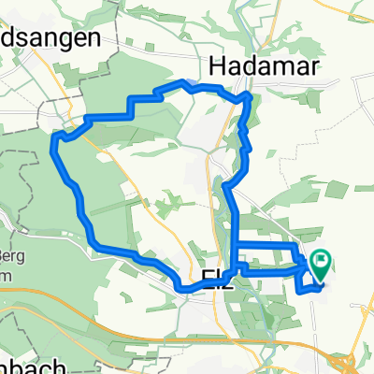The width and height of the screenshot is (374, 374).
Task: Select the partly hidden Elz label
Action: (213, 277)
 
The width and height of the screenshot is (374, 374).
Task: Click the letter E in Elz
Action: (207, 277)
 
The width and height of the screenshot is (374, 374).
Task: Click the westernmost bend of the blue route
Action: (55, 140)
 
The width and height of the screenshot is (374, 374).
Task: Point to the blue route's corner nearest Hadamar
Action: (247, 95)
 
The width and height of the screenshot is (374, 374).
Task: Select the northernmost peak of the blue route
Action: (191, 84)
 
